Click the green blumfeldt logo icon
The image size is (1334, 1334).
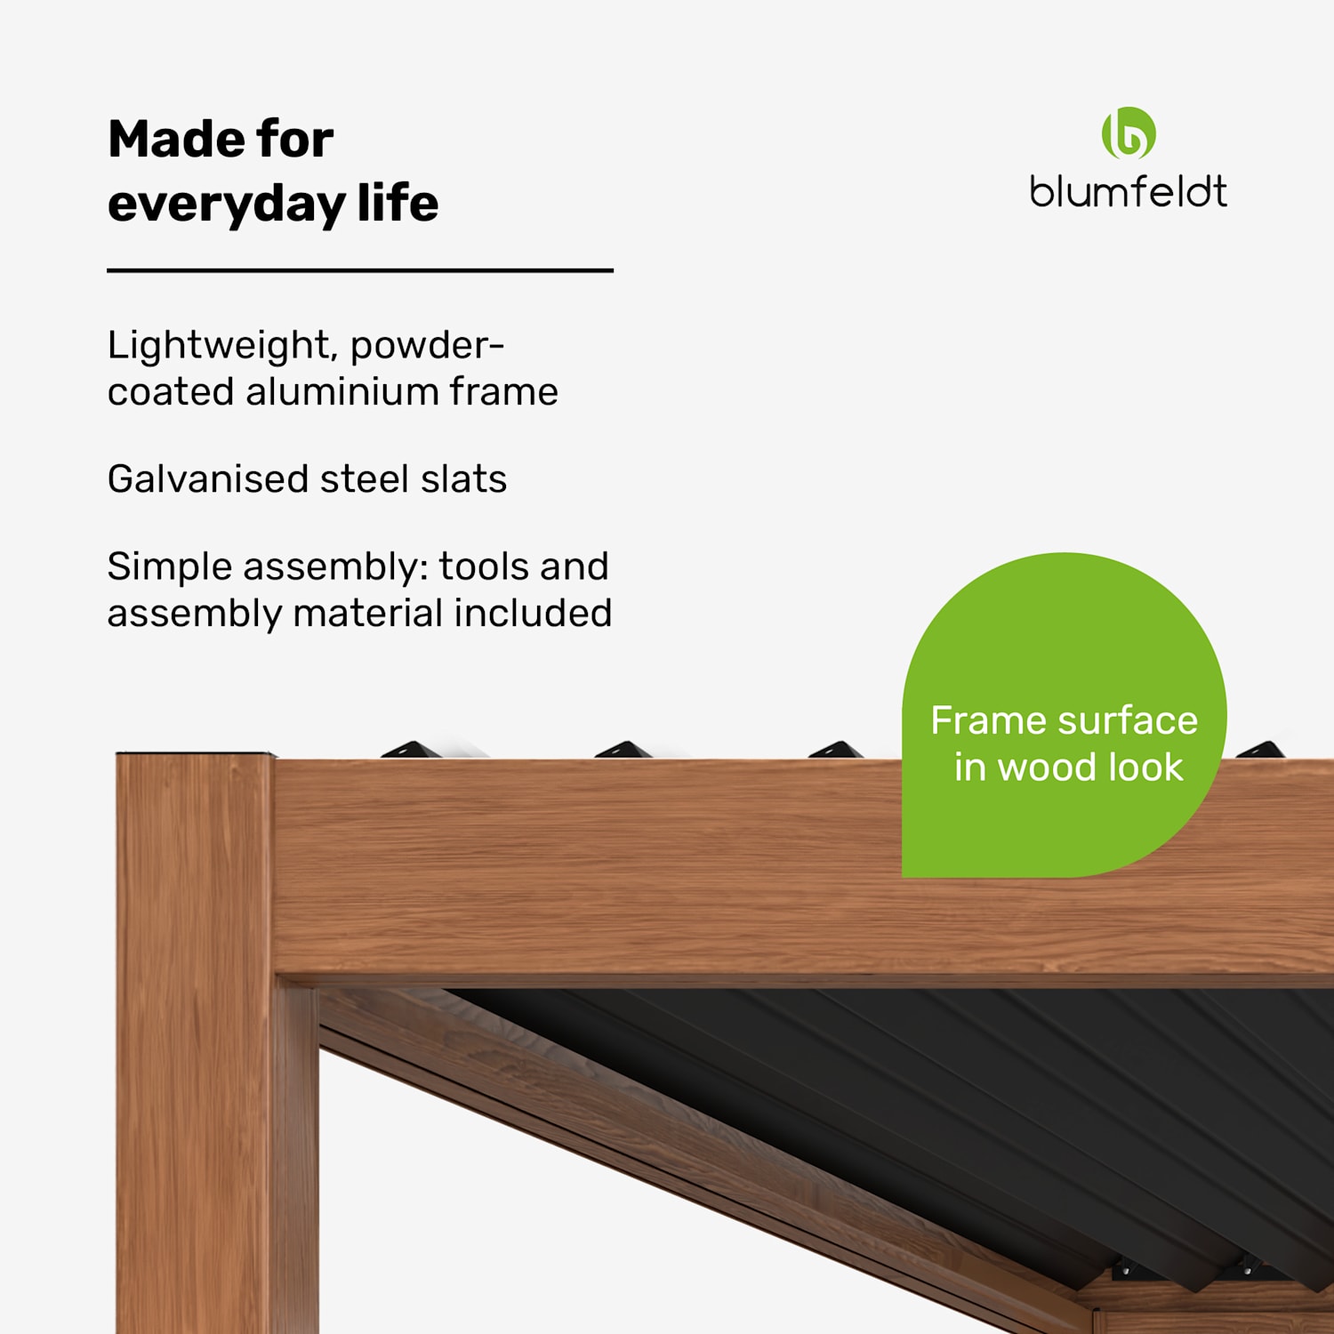tap(1129, 133)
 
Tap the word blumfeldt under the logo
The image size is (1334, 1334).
tap(1128, 192)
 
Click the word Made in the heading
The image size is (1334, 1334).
tap(163, 140)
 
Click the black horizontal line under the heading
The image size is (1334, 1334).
tap(360, 269)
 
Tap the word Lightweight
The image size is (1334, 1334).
tap(221, 346)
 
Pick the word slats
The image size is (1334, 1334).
tap(463, 478)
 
